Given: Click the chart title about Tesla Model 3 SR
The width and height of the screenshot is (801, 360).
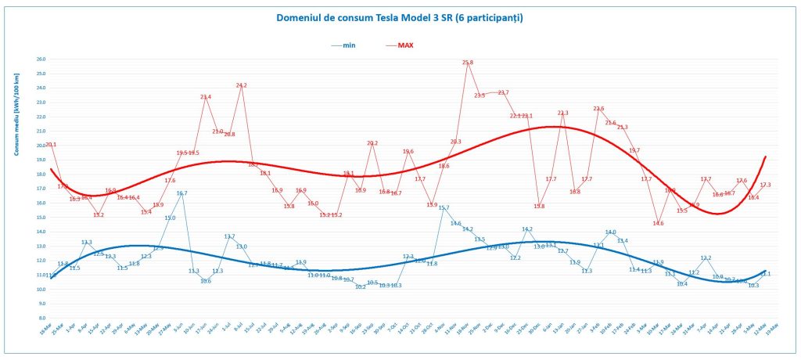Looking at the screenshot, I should pyautogui.click(x=400, y=16).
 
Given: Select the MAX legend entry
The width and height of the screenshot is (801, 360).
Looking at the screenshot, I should pyautogui.click(x=405, y=45).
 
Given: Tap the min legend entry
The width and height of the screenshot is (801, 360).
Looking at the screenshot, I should pyautogui.click(x=347, y=45).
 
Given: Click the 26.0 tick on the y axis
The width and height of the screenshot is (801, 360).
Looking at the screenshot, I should pyautogui.click(x=41, y=59).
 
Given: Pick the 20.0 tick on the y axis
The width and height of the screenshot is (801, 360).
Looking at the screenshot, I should pyautogui.click(x=41, y=145).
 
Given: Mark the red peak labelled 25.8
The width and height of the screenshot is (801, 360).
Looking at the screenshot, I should pyautogui.click(x=468, y=63).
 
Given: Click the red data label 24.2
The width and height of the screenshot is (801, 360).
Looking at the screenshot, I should pyautogui.click(x=241, y=85).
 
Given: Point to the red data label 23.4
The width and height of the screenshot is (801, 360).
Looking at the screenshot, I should pyautogui.click(x=206, y=97).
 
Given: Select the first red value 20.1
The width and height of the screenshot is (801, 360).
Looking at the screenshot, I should pyautogui.click(x=51, y=144).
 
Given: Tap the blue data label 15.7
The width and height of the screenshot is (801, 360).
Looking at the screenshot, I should pyautogui.click(x=444, y=207).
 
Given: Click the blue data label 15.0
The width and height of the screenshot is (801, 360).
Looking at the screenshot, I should pyautogui.click(x=170, y=218).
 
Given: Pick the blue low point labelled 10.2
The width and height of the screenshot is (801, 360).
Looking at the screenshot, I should pyautogui.click(x=361, y=287).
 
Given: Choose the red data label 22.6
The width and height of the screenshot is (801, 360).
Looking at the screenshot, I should pyautogui.click(x=598, y=109).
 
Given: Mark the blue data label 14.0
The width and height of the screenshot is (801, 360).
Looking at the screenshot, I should pyautogui.click(x=611, y=232).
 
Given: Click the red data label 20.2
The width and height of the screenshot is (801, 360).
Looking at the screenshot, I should pyautogui.click(x=372, y=143).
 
